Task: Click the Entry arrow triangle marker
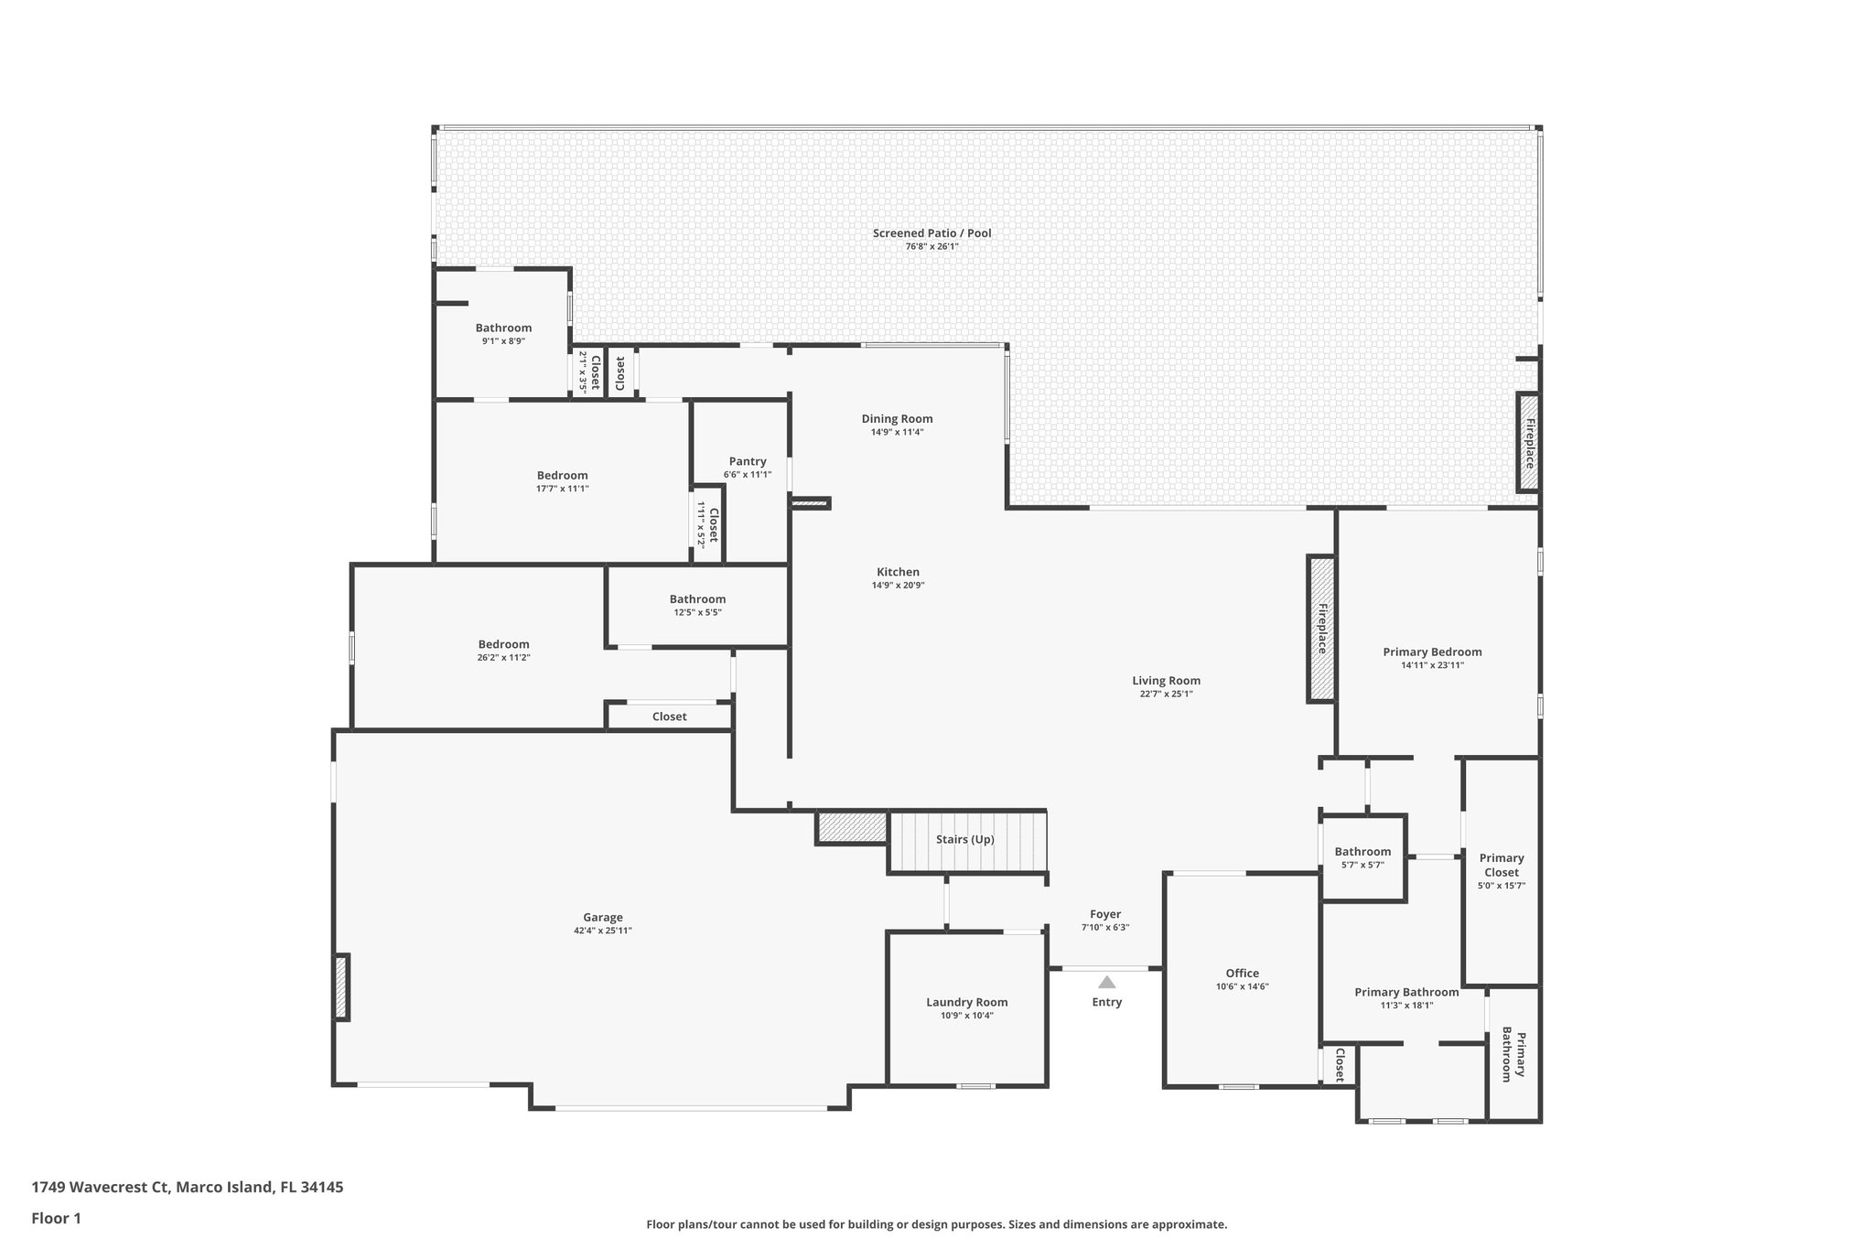[1107, 982]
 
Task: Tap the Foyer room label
[1105, 914]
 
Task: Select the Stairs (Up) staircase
[966, 841]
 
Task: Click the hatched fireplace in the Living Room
[1321, 629]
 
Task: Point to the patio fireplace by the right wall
[1528, 443]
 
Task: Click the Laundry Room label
[966, 1002]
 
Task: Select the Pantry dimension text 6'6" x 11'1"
[748, 475]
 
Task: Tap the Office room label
[1242, 974]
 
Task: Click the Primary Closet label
[1502, 865]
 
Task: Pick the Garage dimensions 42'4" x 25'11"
[603, 931]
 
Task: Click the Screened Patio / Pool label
[932, 233]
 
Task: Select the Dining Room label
[897, 419]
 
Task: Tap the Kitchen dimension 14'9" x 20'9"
[897, 586]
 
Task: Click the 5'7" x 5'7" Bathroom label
[1362, 852]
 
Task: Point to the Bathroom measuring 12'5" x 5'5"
[697, 599]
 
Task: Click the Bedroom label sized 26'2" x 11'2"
[503, 644]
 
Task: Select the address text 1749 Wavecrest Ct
[101, 1188]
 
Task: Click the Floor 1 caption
[56, 1218]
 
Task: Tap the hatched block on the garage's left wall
[341, 987]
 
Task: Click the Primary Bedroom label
[1432, 652]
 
